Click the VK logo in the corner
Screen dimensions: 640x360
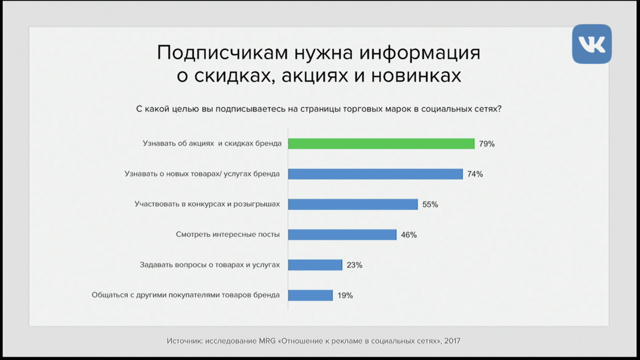tap(591, 44)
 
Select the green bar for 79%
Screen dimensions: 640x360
tap(381, 143)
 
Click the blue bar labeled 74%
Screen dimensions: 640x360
tap(375, 174)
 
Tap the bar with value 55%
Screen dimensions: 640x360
tap(353, 204)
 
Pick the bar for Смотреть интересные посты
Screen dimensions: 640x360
tap(342, 235)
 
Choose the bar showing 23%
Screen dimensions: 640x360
tap(315, 265)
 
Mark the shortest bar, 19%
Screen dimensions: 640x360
tap(310, 295)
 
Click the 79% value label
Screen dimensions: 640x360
tap(487, 143)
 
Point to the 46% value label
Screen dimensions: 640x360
tap(409, 235)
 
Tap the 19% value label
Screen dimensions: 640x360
tap(345, 295)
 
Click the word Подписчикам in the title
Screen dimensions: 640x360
tap(222, 53)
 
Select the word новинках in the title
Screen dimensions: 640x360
tap(416, 76)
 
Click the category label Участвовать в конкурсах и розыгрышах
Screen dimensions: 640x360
tap(207, 204)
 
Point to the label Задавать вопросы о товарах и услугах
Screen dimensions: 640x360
tap(210, 265)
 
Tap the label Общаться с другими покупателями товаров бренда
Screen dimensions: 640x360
tap(186, 295)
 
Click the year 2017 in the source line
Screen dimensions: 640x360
tap(452, 341)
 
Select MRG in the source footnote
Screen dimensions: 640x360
tap(267, 341)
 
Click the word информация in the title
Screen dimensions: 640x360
tap(420, 53)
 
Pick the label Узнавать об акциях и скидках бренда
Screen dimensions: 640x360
tap(212, 143)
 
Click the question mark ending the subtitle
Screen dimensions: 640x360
tap(499, 109)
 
